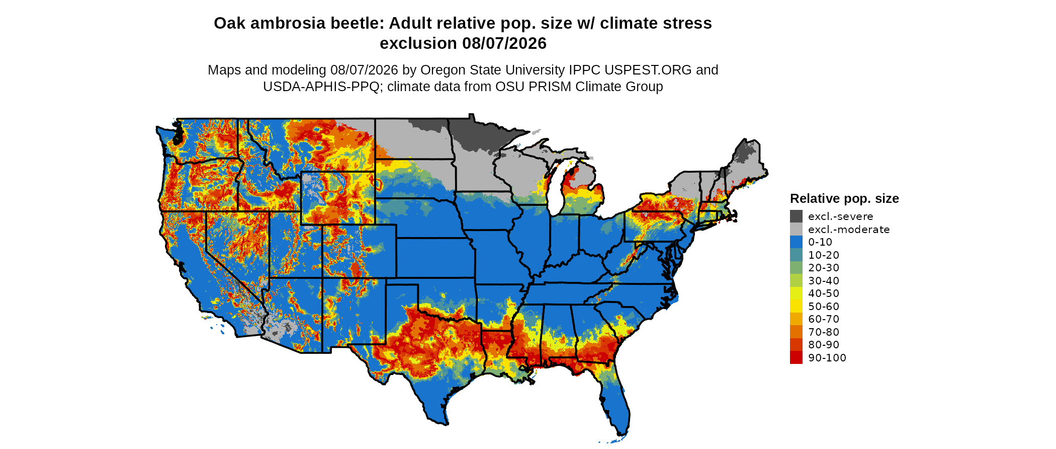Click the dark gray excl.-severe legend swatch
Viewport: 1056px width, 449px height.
tap(796, 216)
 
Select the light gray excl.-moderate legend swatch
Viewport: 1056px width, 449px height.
tap(796, 229)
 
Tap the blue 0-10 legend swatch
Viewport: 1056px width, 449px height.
tap(796, 242)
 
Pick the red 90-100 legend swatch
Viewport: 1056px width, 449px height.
tap(796, 357)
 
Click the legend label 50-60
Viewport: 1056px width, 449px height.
tap(824, 306)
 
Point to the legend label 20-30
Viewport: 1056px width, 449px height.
tap(824, 268)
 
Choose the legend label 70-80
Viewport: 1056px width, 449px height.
tap(824, 332)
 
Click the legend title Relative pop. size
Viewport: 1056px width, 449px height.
tap(844, 198)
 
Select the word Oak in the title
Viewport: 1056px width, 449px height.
tap(227, 23)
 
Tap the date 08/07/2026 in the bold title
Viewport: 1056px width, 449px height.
tap(504, 43)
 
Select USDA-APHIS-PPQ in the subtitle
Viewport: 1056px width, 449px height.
tap(321, 87)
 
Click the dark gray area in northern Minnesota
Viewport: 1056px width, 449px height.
tap(478, 133)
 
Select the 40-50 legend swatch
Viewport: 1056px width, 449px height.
tap(796, 293)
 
